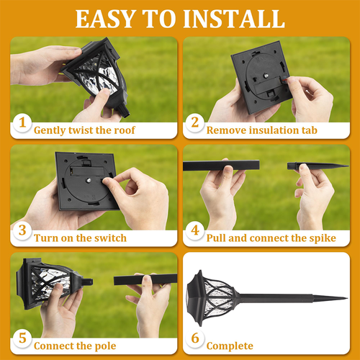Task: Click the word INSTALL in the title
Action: pyautogui.click(x=234, y=19)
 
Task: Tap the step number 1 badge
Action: pyautogui.click(x=22, y=122)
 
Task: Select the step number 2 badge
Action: pyautogui.click(x=195, y=122)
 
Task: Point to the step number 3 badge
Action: pyautogui.click(x=22, y=230)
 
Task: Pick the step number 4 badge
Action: pyautogui.click(x=195, y=230)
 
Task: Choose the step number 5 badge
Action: pyautogui.click(x=22, y=338)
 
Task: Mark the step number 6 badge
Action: pyautogui.click(x=195, y=338)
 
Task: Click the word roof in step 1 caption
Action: pyautogui.click(x=125, y=130)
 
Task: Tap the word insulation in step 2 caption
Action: pyautogui.click(x=272, y=130)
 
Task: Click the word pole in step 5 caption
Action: pyautogui.click(x=105, y=346)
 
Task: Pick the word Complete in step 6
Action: pyautogui.click(x=230, y=346)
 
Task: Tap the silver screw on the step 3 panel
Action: pyautogui.click(x=89, y=180)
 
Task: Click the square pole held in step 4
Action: pyautogui.click(x=221, y=166)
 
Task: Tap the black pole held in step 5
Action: pyautogui.click(x=145, y=279)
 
